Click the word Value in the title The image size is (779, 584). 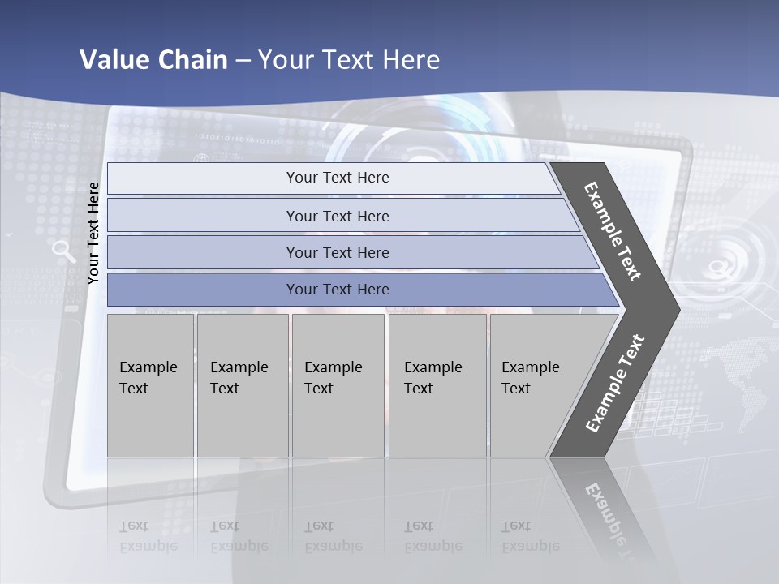[113, 60]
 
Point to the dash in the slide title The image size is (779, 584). [243, 61]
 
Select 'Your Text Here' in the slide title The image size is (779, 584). [349, 60]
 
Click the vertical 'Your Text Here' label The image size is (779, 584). [93, 234]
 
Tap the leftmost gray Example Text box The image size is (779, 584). [150, 385]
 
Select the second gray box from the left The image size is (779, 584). [243, 385]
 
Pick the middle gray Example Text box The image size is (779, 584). [338, 385]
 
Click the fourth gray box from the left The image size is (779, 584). [437, 385]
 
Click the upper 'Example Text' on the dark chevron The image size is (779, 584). [613, 231]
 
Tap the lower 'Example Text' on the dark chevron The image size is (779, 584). [615, 383]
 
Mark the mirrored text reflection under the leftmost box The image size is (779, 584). [148, 536]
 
